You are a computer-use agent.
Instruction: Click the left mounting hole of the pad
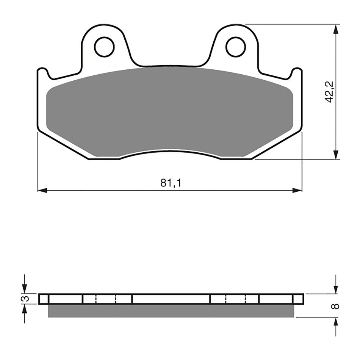[x=104, y=47]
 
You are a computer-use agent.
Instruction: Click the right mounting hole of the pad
[x=235, y=47]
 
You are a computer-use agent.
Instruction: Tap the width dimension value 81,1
[x=171, y=183]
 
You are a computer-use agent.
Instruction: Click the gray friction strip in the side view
[x=171, y=310]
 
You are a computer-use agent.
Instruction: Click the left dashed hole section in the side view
[x=106, y=299]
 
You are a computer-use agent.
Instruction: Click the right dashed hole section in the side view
[x=235, y=299]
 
